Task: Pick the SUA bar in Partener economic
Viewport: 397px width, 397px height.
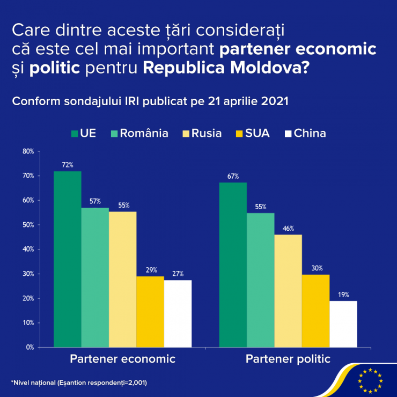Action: pos(150,312)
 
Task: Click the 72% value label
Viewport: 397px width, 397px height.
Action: pos(67,165)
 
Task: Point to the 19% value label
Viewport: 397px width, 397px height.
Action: pos(343,295)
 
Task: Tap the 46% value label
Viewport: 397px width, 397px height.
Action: pos(288,229)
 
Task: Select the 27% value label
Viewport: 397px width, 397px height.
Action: pos(178,274)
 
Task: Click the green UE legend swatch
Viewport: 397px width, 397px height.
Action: pos(74,133)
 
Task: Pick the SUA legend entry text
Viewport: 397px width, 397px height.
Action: pos(258,133)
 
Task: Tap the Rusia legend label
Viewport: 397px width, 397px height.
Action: pos(206,133)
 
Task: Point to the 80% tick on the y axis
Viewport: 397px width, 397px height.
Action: pos(28,151)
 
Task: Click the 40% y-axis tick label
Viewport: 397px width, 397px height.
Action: pos(28,249)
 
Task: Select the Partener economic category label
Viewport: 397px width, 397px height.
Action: pos(123,359)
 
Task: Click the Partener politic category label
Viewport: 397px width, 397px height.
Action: pos(288,359)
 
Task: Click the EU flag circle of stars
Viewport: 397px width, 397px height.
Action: pos(370,380)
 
